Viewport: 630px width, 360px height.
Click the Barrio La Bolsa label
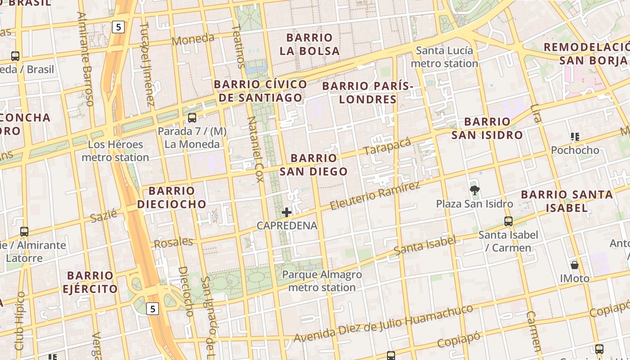[310, 44]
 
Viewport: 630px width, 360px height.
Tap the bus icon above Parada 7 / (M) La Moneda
[192, 118]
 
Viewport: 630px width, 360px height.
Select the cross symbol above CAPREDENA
[287, 212]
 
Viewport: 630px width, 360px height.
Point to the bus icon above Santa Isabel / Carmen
[508, 221]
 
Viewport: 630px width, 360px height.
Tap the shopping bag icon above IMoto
[575, 265]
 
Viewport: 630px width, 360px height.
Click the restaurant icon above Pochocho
[575, 136]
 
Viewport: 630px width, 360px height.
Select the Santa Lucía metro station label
[444, 57]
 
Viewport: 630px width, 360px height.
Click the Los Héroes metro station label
[115, 151]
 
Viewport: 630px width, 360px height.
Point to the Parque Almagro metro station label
[322, 281]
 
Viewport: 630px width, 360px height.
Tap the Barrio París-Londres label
[368, 92]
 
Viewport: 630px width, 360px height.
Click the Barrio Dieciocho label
[171, 197]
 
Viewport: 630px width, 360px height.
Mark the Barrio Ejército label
[90, 282]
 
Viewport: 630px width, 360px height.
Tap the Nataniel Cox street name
[255, 149]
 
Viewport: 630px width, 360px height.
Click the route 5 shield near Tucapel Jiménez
[118, 27]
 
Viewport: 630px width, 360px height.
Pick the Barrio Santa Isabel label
[567, 201]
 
